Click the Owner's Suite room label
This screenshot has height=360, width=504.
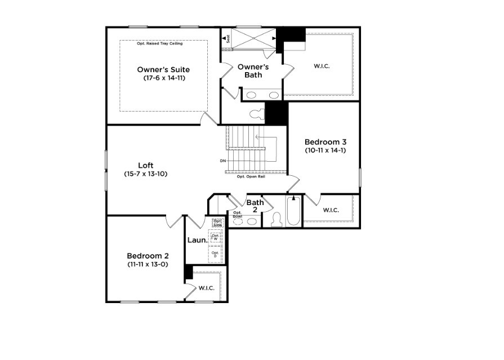(x=163, y=70)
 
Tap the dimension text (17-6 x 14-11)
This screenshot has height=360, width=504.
(x=163, y=78)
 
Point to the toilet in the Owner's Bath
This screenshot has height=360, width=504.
(x=257, y=114)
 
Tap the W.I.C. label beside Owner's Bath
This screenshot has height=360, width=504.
(x=322, y=66)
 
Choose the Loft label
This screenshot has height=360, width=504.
(x=146, y=166)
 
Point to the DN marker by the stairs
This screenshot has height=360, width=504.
(x=223, y=161)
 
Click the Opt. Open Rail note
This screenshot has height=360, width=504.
(x=251, y=176)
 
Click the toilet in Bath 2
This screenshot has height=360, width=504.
(x=276, y=219)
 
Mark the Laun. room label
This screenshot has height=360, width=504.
(x=197, y=240)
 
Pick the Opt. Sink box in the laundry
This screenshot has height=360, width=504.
(x=217, y=222)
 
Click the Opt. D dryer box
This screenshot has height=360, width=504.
(x=215, y=254)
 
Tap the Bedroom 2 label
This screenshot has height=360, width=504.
(x=147, y=255)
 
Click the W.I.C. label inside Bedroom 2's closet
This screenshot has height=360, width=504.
(x=206, y=288)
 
